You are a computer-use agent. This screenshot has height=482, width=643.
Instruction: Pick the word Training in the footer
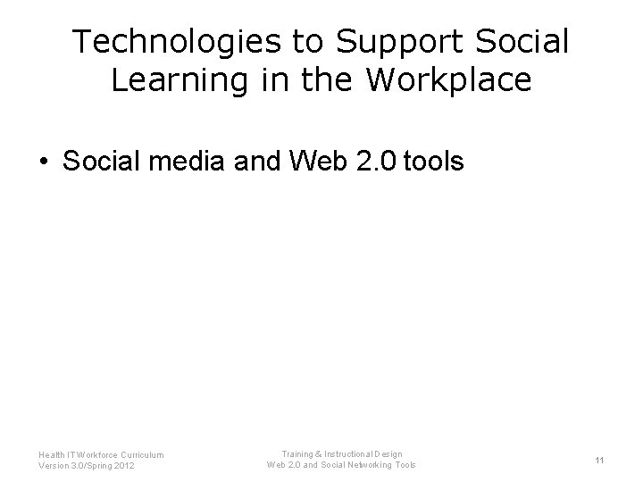[x=298, y=454]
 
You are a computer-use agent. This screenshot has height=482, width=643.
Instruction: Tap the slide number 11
[x=600, y=461]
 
